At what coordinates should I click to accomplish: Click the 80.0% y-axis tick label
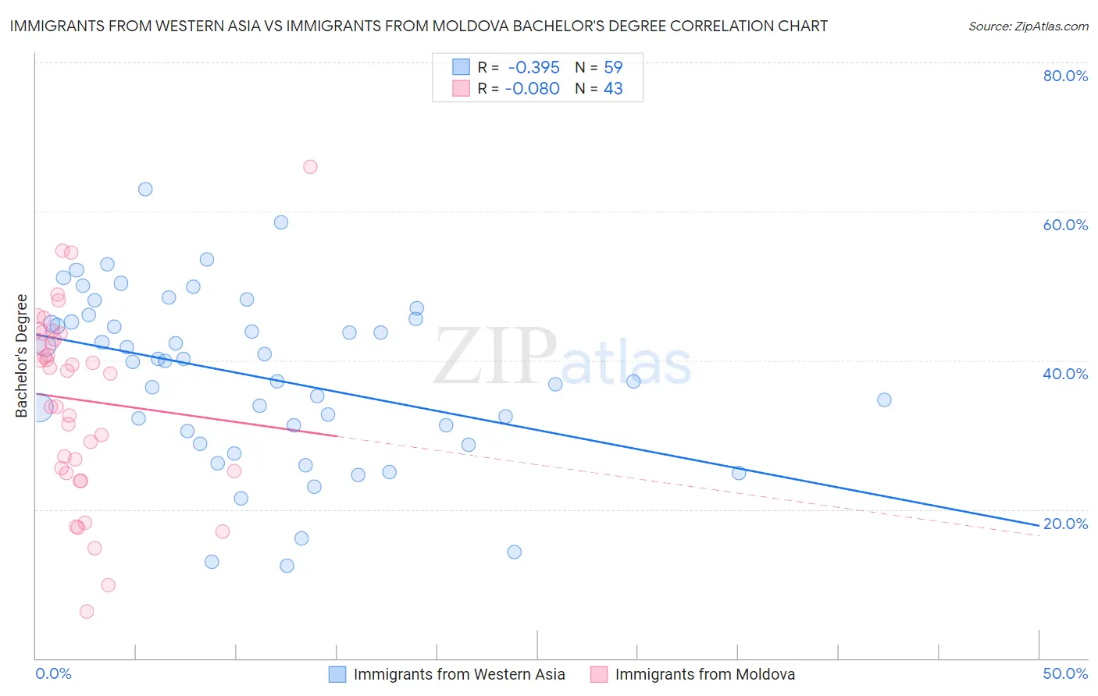pos(1065,76)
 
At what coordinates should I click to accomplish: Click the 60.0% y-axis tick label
pos(1065,225)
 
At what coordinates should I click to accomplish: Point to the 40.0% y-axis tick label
pos(1065,374)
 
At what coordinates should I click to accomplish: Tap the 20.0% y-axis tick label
pos(1065,524)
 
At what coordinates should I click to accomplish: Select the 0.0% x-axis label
pos(53,673)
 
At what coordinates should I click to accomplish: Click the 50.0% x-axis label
pos(1065,673)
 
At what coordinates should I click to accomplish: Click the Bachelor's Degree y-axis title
pos(22,356)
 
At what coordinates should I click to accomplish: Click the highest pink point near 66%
pos(310,166)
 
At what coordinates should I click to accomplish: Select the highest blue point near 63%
pos(145,189)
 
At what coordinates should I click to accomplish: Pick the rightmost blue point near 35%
pos(884,399)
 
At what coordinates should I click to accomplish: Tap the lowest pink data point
pos(87,612)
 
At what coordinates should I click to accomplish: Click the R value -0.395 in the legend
pos(533,68)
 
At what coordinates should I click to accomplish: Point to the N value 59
pos(613,68)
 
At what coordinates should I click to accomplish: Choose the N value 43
pos(613,89)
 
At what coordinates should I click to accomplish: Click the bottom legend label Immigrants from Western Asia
pos(458,674)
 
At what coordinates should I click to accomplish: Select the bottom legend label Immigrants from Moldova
pos(704,674)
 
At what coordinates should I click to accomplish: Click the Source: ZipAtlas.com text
pos(1028,27)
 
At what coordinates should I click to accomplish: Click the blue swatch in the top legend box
pos(462,68)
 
